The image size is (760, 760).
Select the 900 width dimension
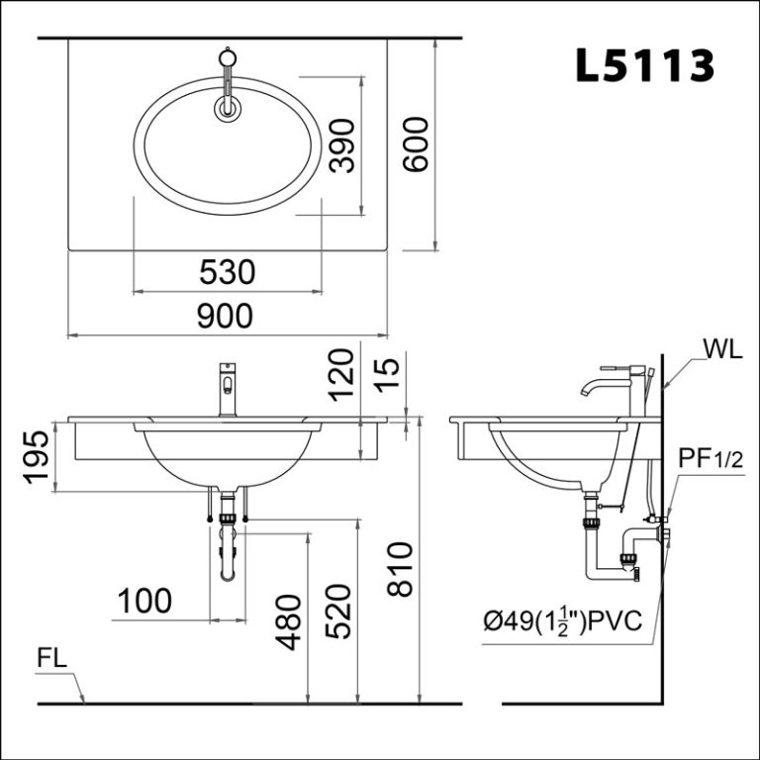pos(225,316)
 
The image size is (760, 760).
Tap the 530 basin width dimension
pos(228,271)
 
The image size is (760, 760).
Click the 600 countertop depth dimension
pos(416,144)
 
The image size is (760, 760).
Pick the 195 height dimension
pos(37,456)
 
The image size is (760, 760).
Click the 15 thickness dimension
pos(389,377)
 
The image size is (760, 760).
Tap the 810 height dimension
pos(399,569)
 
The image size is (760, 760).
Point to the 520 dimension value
pos(337,611)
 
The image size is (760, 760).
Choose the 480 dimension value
pos(288,622)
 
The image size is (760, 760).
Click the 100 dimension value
pos(144,601)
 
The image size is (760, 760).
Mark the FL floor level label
pos(52,660)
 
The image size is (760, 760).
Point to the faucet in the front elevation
pos(228,391)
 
